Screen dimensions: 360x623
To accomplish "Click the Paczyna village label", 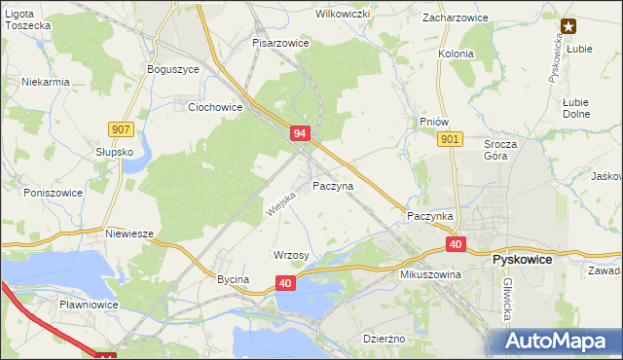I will [333, 185].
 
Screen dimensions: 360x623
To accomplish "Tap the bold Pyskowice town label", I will [523, 261].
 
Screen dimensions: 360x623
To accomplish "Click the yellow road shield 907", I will [122, 129].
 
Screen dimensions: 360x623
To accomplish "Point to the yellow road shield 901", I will [449, 140].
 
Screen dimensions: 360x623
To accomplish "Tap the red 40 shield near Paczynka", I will [457, 244].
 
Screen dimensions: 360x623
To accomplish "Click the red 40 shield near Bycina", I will [285, 282].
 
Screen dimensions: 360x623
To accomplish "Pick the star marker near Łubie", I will [568, 27].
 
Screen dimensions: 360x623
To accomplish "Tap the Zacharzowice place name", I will [455, 18].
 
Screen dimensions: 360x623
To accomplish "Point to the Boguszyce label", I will [172, 69].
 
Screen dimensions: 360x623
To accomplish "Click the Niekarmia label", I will [46, 82].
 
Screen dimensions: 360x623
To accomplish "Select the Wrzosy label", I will [292, 255].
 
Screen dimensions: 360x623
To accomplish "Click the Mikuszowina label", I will [430, 275].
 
